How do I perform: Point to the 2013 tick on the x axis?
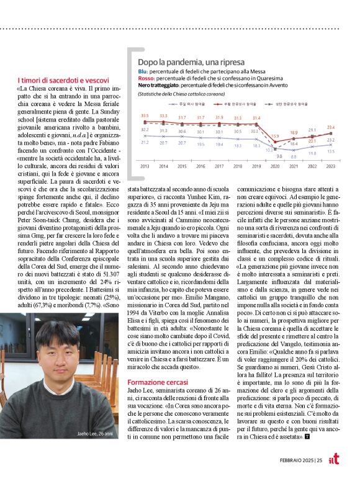145,166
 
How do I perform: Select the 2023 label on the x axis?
331,166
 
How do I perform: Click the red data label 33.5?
145,116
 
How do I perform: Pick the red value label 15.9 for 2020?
274,136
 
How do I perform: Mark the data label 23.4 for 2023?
331,127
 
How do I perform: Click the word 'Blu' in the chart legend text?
143,72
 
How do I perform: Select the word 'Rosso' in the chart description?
147,78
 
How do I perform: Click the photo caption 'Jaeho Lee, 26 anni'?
95,451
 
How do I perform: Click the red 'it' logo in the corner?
334,459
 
